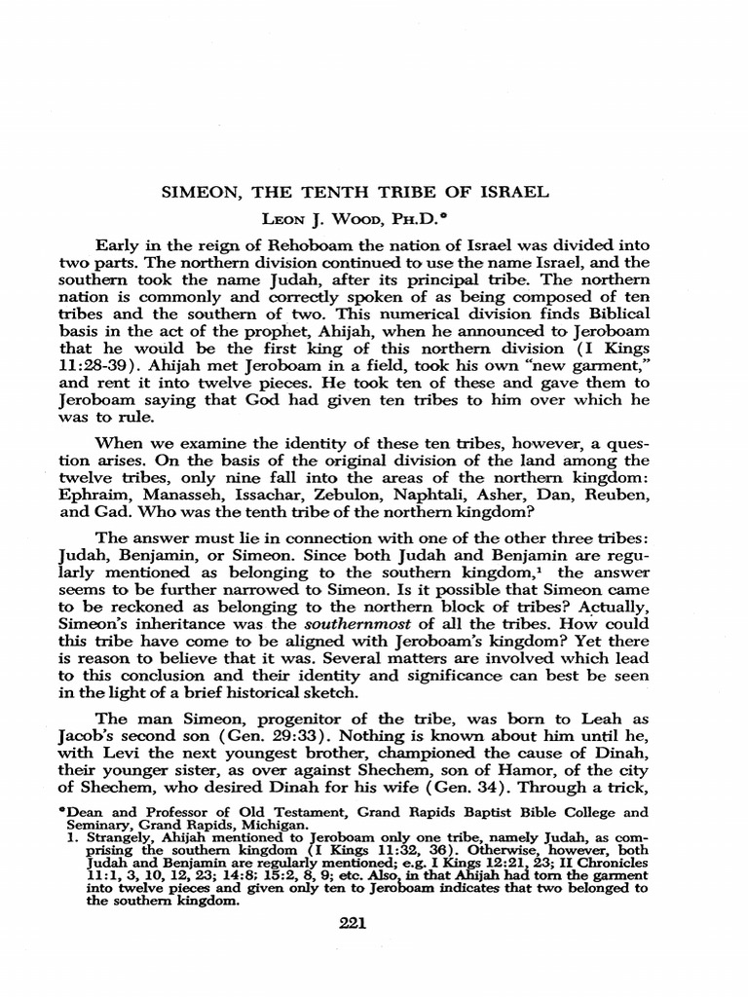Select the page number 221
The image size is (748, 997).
click(x=350, y=925)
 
